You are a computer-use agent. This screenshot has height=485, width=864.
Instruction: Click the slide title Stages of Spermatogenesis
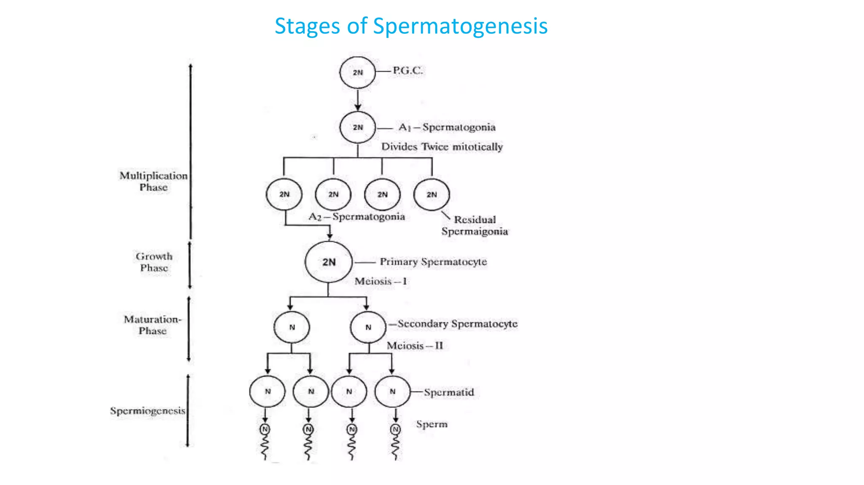pyautogui.click(x=411, y=26)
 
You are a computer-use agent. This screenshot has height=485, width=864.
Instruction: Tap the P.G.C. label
pyautogui.click(x=408, y=70)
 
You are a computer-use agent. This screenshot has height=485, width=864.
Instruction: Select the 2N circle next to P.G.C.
pyautogui.click(x=357, y=72)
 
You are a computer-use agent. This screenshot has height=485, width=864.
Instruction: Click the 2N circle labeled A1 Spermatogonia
pyautogui.click(x=357, y=127)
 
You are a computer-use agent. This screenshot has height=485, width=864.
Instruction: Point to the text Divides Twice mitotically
pyautogui.click(x=442, y=147)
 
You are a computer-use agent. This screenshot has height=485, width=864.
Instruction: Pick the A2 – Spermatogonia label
pyautogui.click(x=356, y=217)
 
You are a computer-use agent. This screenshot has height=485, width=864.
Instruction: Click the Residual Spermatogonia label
pyautogui.click(x=475, y=225)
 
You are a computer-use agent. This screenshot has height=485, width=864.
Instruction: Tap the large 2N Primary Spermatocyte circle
pyautogui.click(x=329, y=262)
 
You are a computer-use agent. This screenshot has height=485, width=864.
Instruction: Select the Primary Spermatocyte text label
pyautogui.click(x=433, y=262)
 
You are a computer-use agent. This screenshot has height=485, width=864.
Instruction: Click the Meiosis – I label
pyautogui.click(x=381, y=281)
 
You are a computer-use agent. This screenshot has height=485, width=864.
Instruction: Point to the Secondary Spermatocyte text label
pyautogui.click(x=457, y=324)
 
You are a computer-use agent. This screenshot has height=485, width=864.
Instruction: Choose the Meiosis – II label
pyautogui.click(x=415, y=346)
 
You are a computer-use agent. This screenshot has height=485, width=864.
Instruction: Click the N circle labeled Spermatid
pyautogui.click(x=392, y=391)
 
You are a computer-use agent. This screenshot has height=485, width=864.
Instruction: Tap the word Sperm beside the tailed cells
pyautogui.click(x=432, y=424)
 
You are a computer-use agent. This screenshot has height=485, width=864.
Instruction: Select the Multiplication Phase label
pyautogui.click(x=154, y=181)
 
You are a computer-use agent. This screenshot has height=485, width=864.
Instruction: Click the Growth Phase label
pyautogui.click(x=154, y=262)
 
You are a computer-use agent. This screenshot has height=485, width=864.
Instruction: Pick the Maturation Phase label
pyautogui.click(x=152, y=325)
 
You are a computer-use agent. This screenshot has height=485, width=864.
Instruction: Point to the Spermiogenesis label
pyautogui.click(x=148, y=410)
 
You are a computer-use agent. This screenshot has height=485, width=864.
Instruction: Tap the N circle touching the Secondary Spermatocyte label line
pyautogui.click(x=368, y=327)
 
